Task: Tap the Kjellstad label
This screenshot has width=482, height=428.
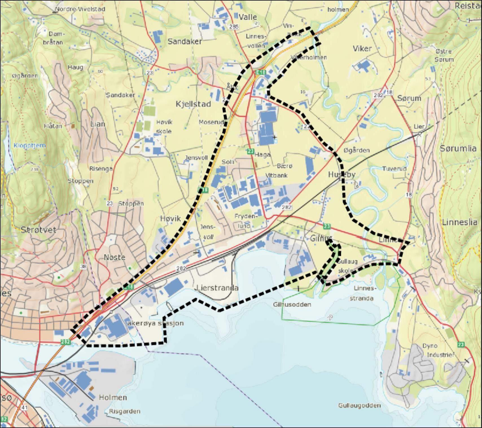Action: coord(193,104)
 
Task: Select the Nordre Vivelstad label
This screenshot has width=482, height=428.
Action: coord(80,9)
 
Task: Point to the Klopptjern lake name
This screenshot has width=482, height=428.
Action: coord(29,145)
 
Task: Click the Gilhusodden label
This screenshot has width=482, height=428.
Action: coord(292,305)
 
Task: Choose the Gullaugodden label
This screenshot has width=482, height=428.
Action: coord(360,405)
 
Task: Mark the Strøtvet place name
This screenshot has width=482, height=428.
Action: coord(38,230)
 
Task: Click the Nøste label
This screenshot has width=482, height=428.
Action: coord(115,257)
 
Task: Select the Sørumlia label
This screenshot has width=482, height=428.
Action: coord(458,148)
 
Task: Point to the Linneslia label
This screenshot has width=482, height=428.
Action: coord(460,222)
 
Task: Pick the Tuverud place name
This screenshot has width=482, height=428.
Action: coord(394,169)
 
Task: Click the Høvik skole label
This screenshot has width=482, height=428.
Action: coord(164,127)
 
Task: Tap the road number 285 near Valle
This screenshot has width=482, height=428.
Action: coord(234,27)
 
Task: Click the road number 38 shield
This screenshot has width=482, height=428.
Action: coord(83,266)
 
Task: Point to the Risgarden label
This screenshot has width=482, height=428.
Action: coord(124,411)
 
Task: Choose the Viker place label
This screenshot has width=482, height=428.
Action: coord(362,48)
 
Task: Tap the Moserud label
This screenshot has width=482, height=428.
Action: coord(211,122)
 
